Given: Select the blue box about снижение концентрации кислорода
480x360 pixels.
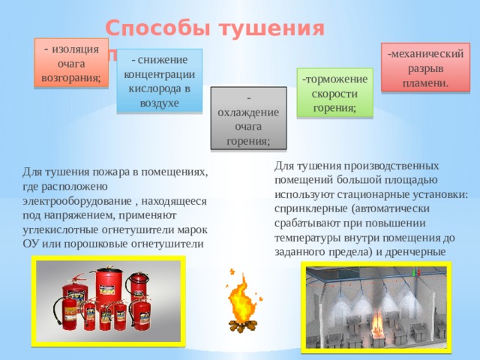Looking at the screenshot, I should (159, 79).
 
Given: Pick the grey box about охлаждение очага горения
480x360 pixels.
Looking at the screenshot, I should (248, 118).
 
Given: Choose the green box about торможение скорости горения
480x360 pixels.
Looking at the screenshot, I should (334, 92).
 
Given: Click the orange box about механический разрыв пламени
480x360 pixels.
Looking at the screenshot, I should (424, 67).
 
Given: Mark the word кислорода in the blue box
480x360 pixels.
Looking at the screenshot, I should (159, 88).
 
